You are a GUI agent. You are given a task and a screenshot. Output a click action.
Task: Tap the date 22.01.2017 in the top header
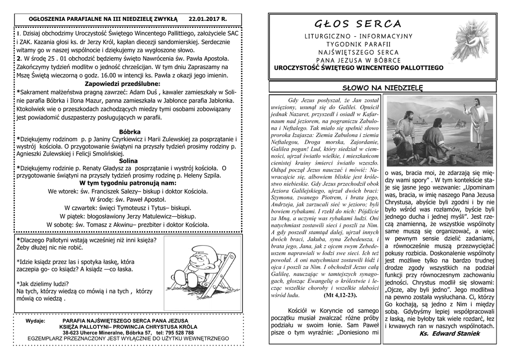click(x=207, y=18)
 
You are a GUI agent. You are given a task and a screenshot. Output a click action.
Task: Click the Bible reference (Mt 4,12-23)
click(x=340, y=295)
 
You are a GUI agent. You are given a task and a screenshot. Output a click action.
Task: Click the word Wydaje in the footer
click(x=34, y=321)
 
